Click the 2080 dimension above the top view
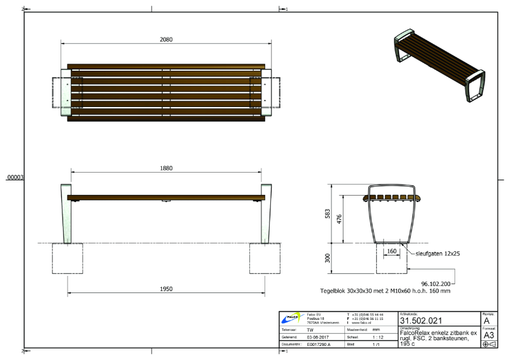point(166,40)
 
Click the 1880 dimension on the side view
point(166,168)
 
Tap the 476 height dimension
point(341,219)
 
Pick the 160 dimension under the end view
point(391,250)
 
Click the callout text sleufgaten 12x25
point(439,253)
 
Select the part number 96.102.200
point(436,283)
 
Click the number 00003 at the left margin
point(15,178)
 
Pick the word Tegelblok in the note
point(335,291)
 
